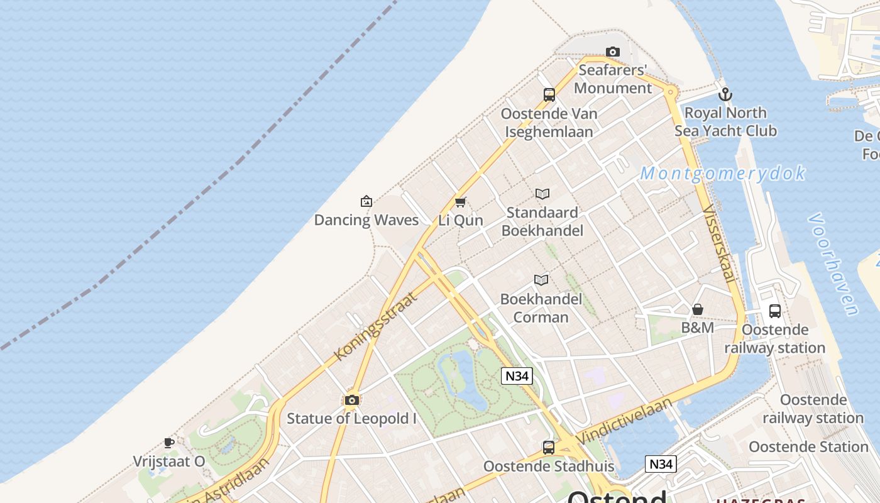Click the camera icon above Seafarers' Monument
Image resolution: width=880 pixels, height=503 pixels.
point(613,52)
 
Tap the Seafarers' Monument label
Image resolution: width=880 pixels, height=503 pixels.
point(613,79)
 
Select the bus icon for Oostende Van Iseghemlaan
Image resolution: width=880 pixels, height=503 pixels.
point(549,95)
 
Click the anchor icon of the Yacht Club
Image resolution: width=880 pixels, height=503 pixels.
point(725,94)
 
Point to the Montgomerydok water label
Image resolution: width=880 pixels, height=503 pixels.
point(722,174)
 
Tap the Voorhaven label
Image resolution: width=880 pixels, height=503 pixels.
point(833,264)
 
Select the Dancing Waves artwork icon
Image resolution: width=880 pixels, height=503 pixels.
point(366,201)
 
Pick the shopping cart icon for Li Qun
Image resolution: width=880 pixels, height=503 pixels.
point(461,202)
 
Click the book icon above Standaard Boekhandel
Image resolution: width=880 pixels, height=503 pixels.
point(542,194)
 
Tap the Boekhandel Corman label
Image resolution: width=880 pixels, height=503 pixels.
point(541,308)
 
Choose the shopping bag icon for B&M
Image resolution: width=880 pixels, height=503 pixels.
point(698,309)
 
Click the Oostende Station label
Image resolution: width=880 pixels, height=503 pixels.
point(808,447)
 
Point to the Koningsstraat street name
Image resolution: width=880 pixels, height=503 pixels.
point(375,326)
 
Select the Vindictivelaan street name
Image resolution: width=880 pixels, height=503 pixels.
point(624,420)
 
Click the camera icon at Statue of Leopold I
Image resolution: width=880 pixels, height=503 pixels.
point(352,400)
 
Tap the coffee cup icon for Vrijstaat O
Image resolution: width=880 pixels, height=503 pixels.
point(169,443)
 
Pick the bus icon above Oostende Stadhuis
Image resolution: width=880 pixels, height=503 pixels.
point(549,448)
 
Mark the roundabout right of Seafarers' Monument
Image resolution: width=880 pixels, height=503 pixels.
point(671,92)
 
